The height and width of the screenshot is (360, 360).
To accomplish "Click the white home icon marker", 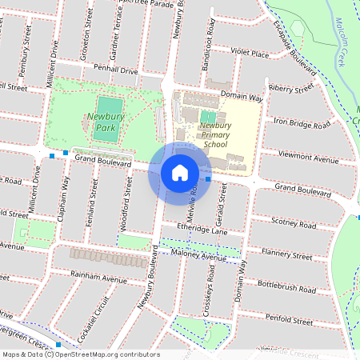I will (x=180, y=172).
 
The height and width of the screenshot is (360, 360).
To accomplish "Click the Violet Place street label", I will (x=250, y=54).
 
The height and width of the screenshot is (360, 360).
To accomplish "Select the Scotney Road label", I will (x=295, y=222).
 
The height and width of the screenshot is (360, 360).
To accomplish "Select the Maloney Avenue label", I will (x=198, y=258).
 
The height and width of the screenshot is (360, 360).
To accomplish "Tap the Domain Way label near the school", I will (x=242, y=97).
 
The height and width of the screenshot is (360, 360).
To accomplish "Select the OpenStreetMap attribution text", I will (x=80, y=354).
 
